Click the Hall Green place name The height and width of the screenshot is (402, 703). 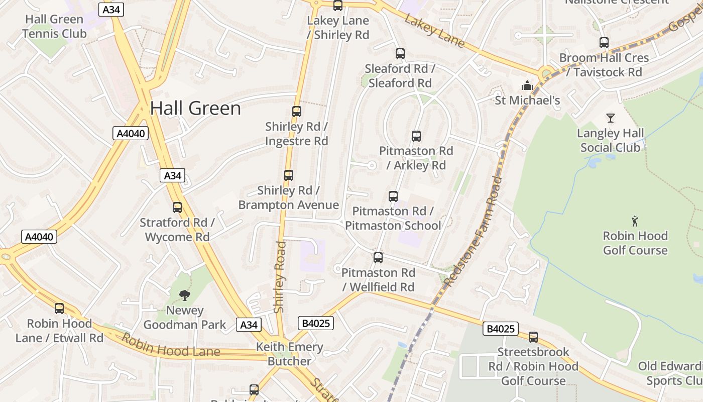[x=195, y=109]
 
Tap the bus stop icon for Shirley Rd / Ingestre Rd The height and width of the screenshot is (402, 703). [x=297, y=112]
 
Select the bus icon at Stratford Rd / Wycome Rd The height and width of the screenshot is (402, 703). [x=177, y=208]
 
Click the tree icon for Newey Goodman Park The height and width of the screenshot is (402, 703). [x=185, y=295]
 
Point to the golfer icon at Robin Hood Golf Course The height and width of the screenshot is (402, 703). [x=635, y=221]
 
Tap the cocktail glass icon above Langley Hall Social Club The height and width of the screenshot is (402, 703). [x=610, y=118]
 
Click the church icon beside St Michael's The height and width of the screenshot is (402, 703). [x=527, y=85]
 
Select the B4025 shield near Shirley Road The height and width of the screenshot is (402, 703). [x=316, y=323]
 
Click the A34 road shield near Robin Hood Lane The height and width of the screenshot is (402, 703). [x=249, y=325]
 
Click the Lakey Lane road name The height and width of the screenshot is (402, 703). [x=434, y=31]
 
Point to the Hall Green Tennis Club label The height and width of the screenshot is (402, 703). [x=54, y=27]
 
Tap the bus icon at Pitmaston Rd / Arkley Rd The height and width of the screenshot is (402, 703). [x=416, y=136]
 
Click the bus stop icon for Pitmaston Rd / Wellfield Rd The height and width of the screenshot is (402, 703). [x=378, y=258]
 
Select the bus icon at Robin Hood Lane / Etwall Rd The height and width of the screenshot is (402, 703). [x=59, y=309]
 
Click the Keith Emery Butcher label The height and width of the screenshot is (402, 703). [x=289, y=354]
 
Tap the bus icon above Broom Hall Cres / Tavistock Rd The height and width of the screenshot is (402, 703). [x=604, y=43]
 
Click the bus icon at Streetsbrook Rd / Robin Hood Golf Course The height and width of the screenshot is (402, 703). [x=533, y=337]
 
